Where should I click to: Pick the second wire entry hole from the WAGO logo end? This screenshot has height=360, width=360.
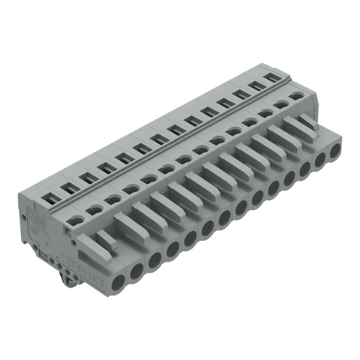(x=137, y=271)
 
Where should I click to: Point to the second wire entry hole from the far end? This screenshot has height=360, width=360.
(x=321, y=160)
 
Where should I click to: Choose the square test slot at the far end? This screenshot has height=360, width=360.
(x=270, y=77)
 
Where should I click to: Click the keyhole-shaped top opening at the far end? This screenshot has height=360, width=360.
(x=295, y=95)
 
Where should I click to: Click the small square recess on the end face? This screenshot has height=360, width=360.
(x=68, y=231)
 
